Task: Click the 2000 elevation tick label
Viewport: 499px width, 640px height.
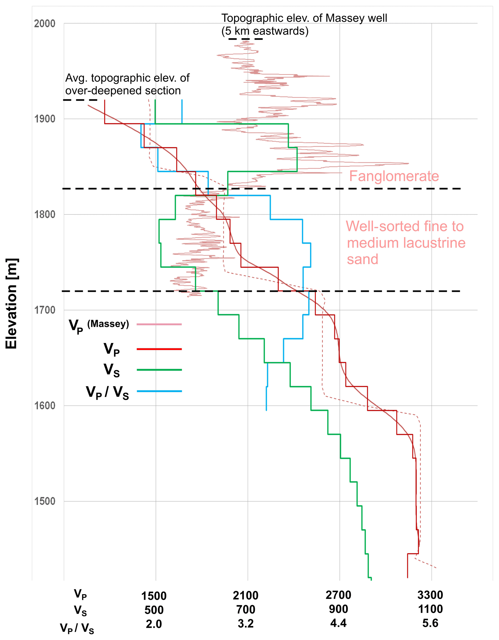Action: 45,23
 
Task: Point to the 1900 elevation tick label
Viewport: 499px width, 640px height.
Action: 45,119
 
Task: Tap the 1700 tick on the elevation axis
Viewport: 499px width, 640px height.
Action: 45,310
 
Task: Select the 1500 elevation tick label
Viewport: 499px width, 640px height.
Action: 45,501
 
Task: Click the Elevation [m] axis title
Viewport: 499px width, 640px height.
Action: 12,303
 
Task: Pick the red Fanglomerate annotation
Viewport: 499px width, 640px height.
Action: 394,176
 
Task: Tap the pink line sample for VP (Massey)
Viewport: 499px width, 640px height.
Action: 159,324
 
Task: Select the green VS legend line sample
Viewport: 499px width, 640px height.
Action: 159,370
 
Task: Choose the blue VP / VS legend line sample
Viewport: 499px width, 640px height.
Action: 159,391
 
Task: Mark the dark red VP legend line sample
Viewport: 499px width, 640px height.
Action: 159,349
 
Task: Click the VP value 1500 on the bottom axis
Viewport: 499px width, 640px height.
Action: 154,596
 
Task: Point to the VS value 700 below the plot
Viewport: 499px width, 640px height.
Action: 246,610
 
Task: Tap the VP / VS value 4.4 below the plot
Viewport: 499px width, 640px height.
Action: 338,623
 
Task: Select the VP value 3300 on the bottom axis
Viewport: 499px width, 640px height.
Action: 430,595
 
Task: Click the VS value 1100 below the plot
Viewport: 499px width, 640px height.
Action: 430,609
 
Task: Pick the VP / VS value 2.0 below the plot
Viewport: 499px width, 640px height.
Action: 154,624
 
